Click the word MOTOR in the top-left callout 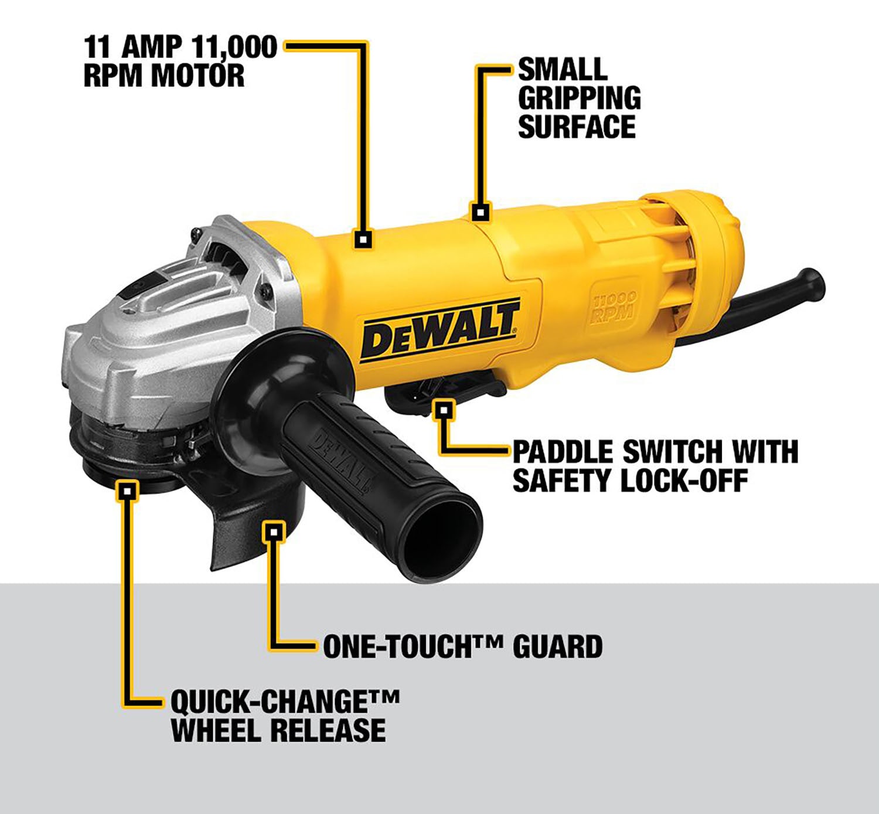coord(198,76)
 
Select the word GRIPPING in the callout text coord(580,98)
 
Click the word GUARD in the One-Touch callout coord(558,646)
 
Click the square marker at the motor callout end coord(363,240)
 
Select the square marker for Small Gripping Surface coord(480,212)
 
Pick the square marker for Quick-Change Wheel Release coord(128,491)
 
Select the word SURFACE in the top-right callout coord(577,127)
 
